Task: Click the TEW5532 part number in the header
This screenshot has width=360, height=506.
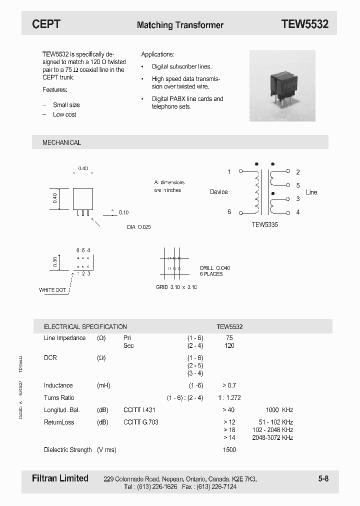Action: [304, 24]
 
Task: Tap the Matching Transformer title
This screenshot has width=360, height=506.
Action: [180, 25]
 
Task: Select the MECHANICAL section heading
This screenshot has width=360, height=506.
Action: [61, 142]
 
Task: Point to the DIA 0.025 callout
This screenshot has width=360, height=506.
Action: [138, 227]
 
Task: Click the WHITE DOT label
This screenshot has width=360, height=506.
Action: [52, 290]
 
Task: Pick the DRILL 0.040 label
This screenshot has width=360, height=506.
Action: [215, 268]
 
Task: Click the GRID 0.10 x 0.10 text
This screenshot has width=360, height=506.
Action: [176, 287]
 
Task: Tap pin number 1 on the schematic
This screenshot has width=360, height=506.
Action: [229, 171]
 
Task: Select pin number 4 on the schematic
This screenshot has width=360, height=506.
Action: [298, 212]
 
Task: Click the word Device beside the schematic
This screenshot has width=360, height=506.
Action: [218, 192]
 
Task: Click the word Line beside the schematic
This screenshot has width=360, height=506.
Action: [311, 192]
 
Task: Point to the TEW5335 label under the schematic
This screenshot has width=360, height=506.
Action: [264, 225]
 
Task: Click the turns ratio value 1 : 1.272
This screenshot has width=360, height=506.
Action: [229, 398]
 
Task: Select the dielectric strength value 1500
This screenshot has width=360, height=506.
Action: [229, 449]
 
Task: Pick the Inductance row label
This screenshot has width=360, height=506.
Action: [58, 385]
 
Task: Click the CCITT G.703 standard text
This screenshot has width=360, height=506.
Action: [141, 422]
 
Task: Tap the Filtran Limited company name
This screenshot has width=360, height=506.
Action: [60, 478]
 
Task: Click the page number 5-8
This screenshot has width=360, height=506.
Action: [323, 478]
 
